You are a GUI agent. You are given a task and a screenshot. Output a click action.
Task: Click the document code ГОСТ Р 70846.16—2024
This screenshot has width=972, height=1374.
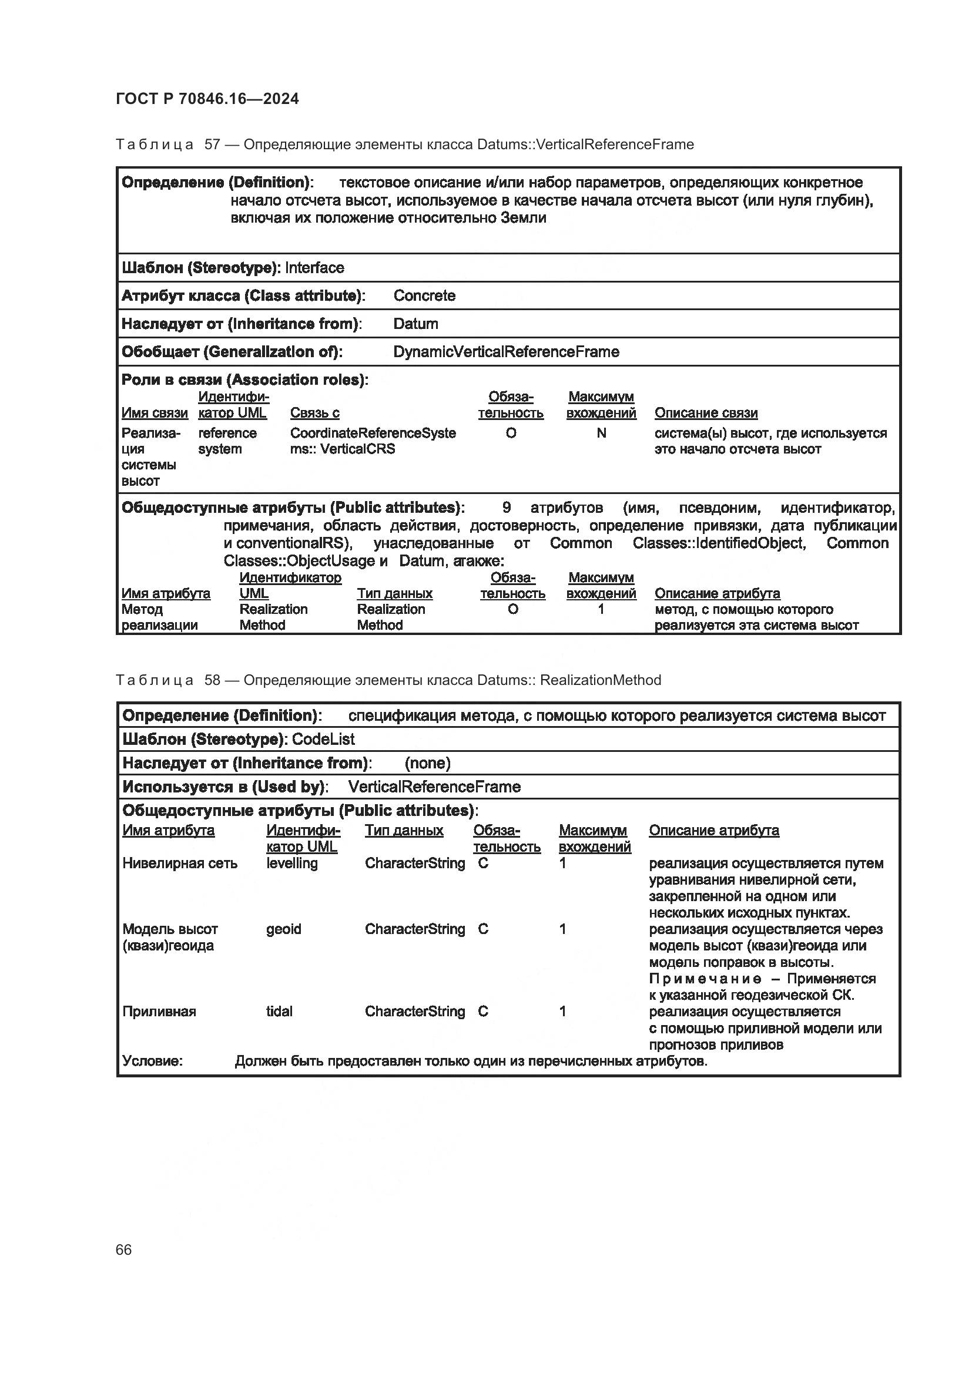click(207, 99)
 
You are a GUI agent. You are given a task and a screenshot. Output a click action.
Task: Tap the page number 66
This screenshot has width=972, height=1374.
click(124, 1249)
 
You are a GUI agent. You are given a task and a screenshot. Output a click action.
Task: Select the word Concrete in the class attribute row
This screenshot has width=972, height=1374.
click(424, 295)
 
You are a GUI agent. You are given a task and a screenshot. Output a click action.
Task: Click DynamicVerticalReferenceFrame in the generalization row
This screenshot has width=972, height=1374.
click(506, 352)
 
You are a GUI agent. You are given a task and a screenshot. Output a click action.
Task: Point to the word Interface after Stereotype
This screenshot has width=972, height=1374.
click(315, 267)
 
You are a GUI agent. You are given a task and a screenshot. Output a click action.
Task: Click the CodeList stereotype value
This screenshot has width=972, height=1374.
click(323, 739)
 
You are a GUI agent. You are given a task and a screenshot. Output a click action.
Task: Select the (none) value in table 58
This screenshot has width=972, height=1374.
click(427, 763)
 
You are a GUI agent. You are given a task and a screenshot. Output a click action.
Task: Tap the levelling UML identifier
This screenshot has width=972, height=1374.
click(291, 863)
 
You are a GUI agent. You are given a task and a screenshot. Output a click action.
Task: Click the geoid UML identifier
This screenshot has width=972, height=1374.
click(283, 929)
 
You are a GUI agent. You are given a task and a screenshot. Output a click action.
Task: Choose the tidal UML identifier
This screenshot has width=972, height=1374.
click(279, 1012)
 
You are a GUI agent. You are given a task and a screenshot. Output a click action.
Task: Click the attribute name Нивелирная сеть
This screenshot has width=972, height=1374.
click(180, 863)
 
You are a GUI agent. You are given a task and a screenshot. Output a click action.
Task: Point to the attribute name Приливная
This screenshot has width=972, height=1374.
click(159, 1012)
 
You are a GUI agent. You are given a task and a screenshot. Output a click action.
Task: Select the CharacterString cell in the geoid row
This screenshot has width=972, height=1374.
click(415, 929)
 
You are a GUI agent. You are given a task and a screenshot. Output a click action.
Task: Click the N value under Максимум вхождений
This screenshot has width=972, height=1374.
click(601, 433)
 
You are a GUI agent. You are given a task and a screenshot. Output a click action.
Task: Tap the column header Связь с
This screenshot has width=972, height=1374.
click(315, 413)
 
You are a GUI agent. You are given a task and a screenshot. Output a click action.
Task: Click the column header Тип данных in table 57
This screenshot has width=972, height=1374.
click(394, 594)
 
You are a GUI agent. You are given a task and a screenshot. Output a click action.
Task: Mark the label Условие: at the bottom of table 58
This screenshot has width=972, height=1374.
click(152, 1061)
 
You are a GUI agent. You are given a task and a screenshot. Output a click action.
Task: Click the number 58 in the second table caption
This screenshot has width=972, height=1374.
click(213, 680)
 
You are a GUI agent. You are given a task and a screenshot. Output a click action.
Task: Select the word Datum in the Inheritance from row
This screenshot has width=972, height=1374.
click(415, 324)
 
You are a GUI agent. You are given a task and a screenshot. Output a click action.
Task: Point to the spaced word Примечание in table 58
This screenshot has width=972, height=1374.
click(705, 979)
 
